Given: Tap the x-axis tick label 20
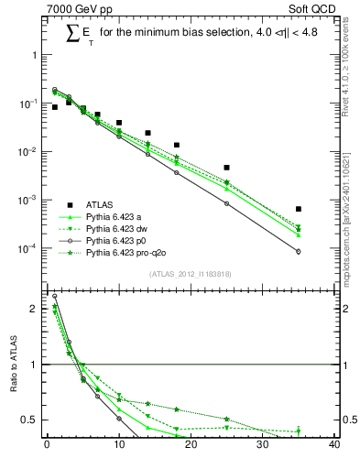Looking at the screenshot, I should pyautogui.click(x=191, y=446).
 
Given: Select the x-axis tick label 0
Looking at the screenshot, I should pyautogui.click(x=47, y=446).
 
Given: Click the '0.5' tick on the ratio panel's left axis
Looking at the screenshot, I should pyautogui.click(x=29, y=420).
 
